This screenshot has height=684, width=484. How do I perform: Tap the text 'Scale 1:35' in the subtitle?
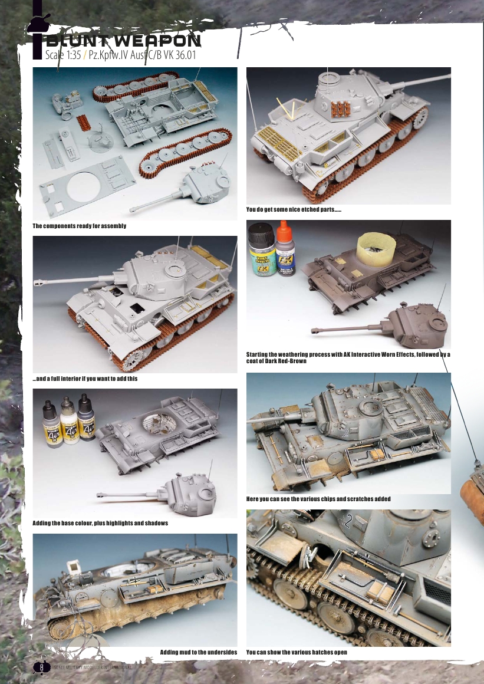pos(63,55)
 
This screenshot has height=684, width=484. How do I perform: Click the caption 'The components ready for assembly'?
pos(80,226)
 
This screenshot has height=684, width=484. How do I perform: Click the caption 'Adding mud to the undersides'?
pos(199,652)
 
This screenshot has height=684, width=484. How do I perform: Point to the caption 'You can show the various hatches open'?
pos(297,652)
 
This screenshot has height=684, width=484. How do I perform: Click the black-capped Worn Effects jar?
pos(262,249)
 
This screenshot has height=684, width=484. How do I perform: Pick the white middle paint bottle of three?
pos(69,420)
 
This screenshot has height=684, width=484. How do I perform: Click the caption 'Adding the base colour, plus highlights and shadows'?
pos(100,523)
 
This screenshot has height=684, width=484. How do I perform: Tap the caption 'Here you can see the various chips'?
pos(318,499)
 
